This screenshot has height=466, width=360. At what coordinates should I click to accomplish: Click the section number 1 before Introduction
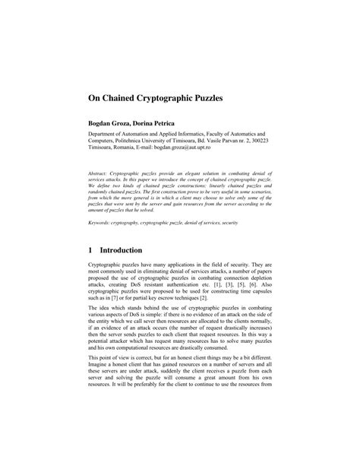(92, 250)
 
